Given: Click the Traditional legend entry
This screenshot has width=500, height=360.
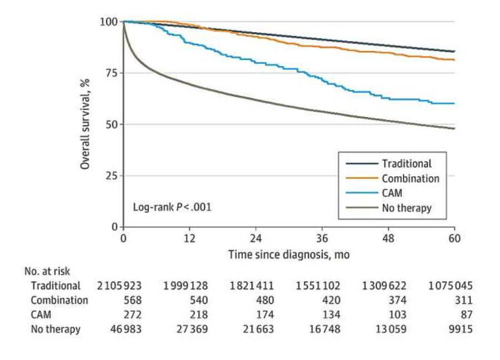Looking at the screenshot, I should pyautogui.click(x=406, y=164).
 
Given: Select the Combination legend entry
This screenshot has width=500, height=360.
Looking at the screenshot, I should pyautogui.click(x=410, y=178).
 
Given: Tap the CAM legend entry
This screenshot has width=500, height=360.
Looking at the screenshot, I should pyautogui.click(x=392, y=193).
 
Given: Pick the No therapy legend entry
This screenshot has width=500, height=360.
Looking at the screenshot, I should pyautogui.click(x=407, y=208).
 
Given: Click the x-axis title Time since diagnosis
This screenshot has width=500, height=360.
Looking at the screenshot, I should pyautogui.click(x=289, y=254).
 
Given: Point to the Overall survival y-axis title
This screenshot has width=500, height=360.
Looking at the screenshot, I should pyautogui.click(x=85, y=124).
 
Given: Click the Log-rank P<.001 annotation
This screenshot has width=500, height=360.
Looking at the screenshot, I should pyautogui.click(x=172, y=207).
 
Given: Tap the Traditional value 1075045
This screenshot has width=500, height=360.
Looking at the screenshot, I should pyautogui.click(x=451, y=286).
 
